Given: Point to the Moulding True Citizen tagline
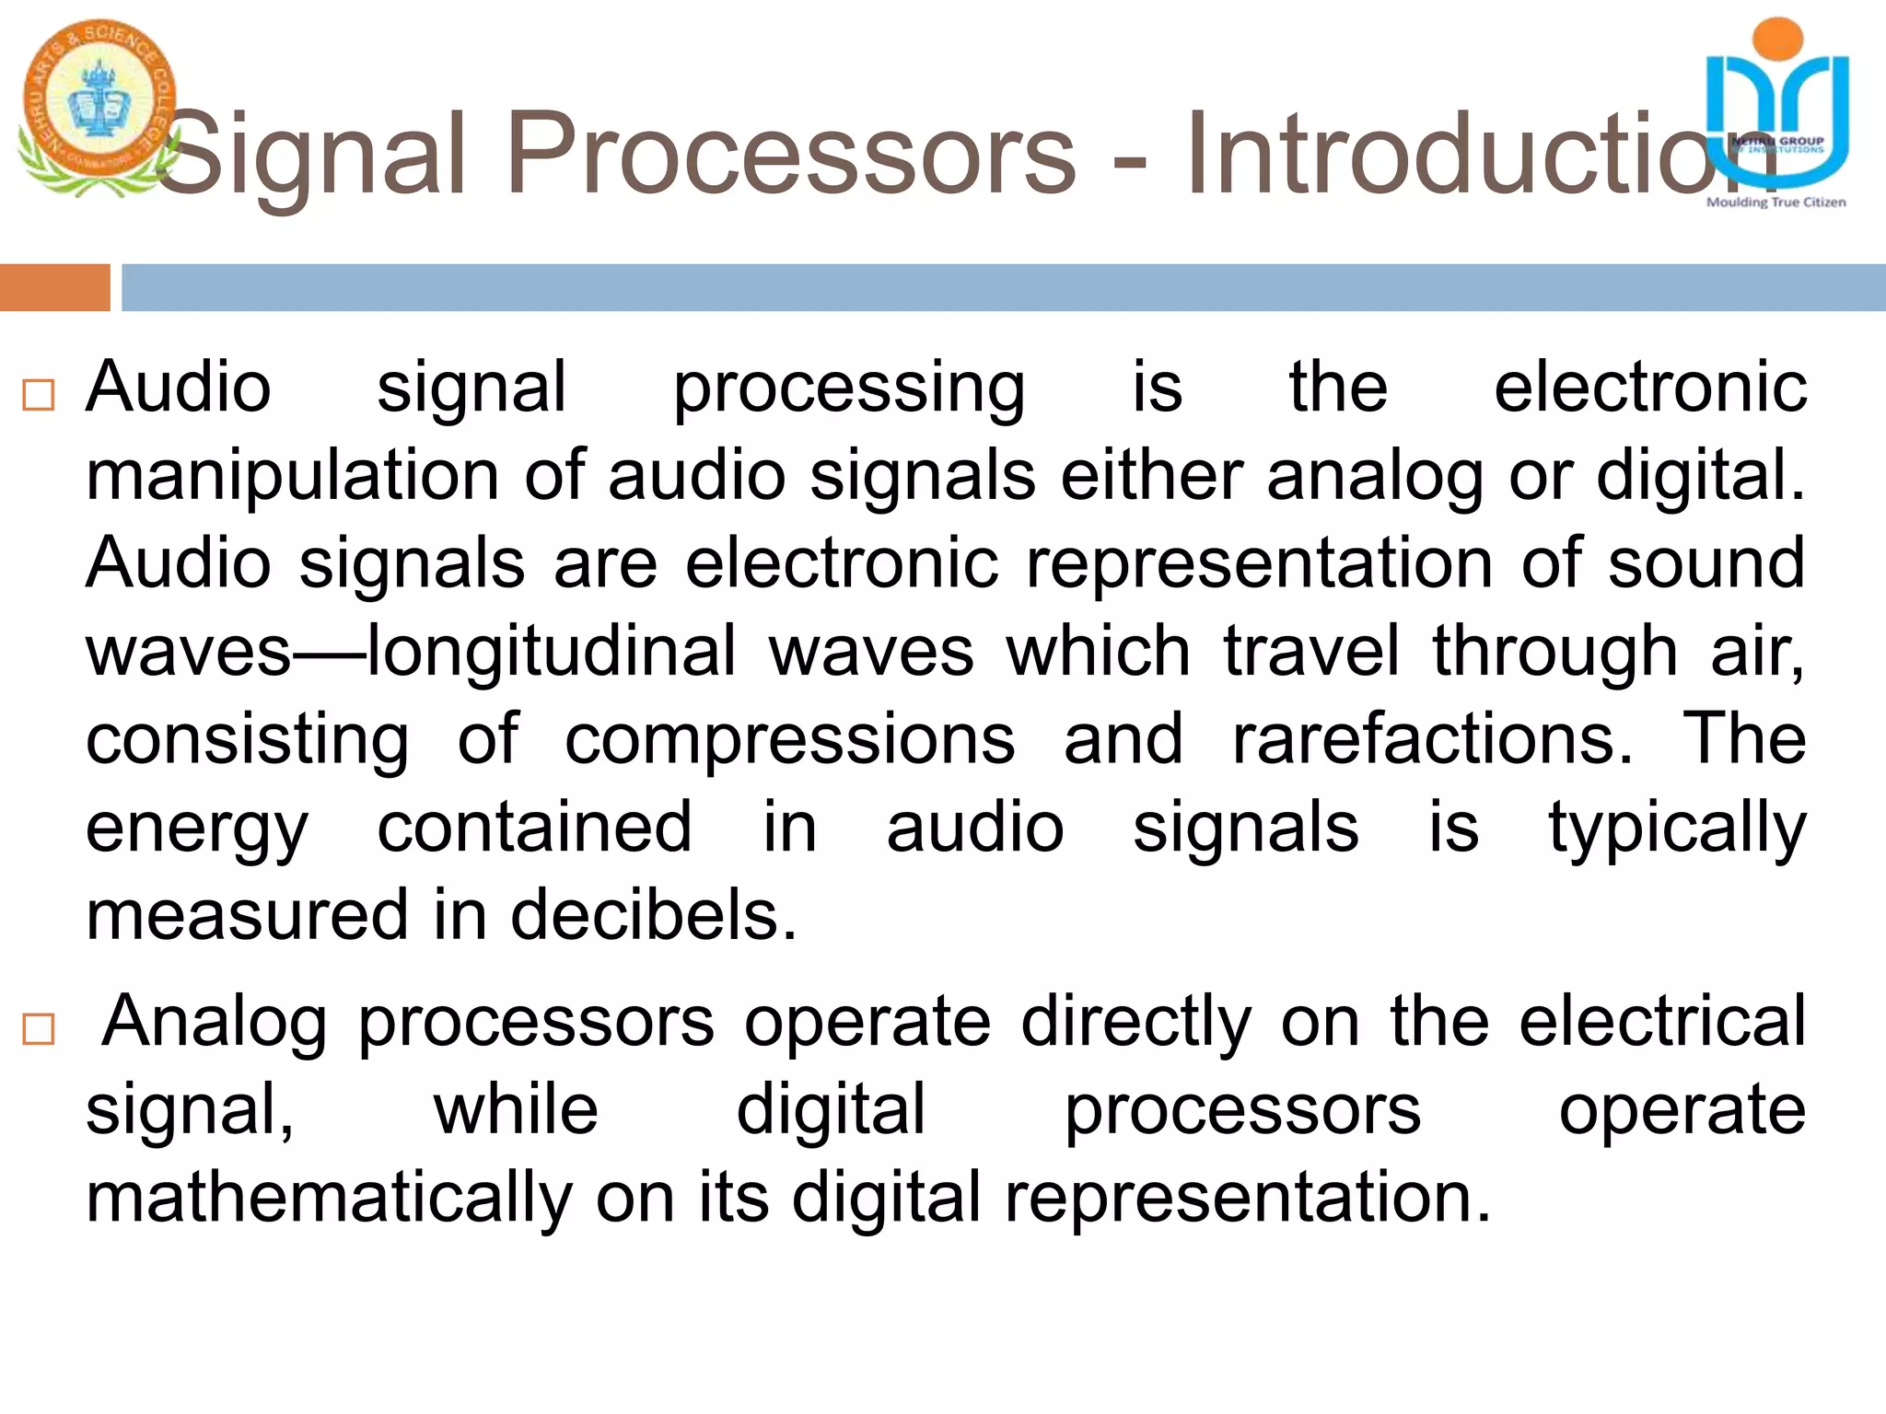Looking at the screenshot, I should [1775, 203].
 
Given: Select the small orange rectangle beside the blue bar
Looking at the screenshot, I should [54, 287].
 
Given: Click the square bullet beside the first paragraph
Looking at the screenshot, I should [39, 396].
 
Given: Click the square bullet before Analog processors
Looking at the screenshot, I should [39, 1029].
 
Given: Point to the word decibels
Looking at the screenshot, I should [653, 916].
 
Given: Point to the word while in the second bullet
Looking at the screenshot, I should [516, 1109].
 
